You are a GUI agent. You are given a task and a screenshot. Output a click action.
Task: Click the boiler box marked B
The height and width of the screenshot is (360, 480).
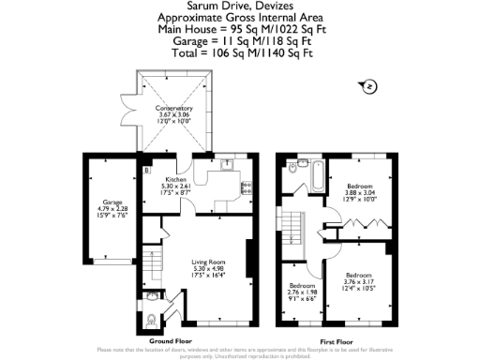pos(147,171)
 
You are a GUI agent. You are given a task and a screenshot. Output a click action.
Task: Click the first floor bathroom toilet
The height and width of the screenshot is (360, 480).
pos(293,170)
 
